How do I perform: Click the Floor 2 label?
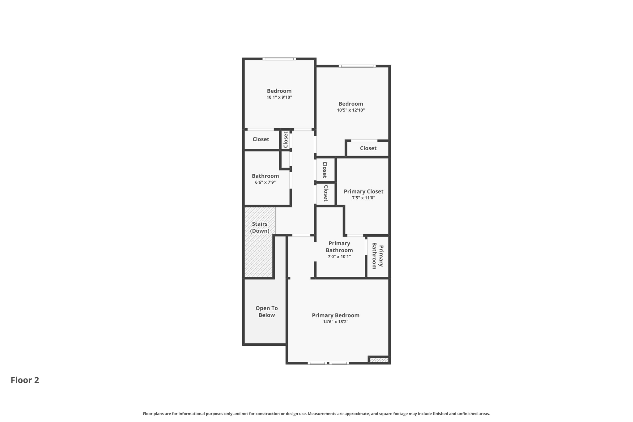click(25, 380)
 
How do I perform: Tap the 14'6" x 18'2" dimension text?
click(335, 322)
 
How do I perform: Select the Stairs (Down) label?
click(259, 227)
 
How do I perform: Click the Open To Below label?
click(266, 311)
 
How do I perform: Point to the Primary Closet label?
click(363, 191)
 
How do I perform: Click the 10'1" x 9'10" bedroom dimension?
click(279, 97)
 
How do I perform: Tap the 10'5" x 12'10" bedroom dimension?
click(350, 110)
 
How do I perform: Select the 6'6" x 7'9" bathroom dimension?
click(265, 182)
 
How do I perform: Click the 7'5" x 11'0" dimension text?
click(363, 198)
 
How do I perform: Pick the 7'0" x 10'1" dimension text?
click(339, 257)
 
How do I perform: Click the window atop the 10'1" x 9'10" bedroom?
click(279, 59)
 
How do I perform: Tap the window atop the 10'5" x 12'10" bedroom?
click(357, 66)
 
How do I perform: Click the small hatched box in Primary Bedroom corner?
click(379, 360)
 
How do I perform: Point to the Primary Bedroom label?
click(335, 315)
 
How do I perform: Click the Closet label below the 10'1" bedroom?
click(261, 139)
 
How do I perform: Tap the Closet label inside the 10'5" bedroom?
click(368, 148)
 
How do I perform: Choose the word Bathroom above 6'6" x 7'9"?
click(265, 176)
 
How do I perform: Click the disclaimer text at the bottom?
click(316, 414)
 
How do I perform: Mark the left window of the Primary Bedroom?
click(317, 363)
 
